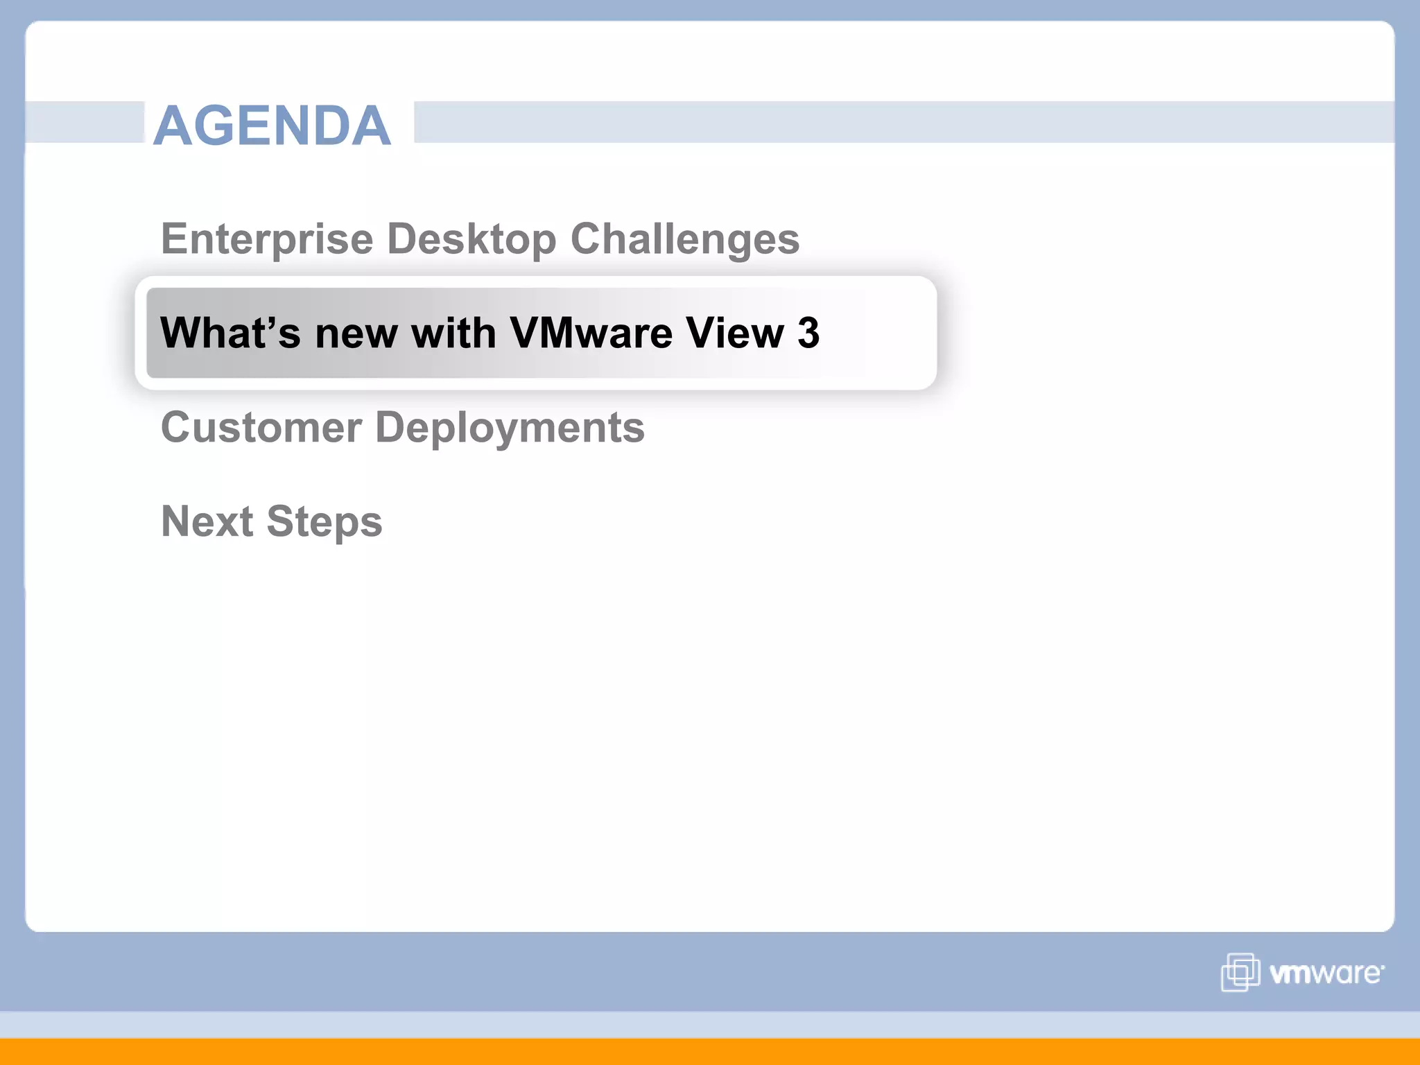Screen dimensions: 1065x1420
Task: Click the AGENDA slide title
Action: click(272, 125)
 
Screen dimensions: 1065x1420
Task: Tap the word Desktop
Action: click(471, 239)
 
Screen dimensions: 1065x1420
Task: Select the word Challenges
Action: click(685, 239)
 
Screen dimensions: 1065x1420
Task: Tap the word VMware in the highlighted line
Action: click(591, 333)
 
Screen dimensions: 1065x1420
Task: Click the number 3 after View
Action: click(808, 333)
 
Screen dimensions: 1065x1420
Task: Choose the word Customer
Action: click(261, 427)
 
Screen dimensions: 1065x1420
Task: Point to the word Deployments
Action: click(510, 427)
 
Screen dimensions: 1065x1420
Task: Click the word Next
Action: click(207, 521)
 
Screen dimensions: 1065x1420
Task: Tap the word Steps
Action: click(324, 521)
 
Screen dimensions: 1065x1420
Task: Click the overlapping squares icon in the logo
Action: click(1240, 972)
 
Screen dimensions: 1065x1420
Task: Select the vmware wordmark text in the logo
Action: click(1326, 973)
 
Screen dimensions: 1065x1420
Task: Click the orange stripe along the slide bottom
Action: click(710, 1051)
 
